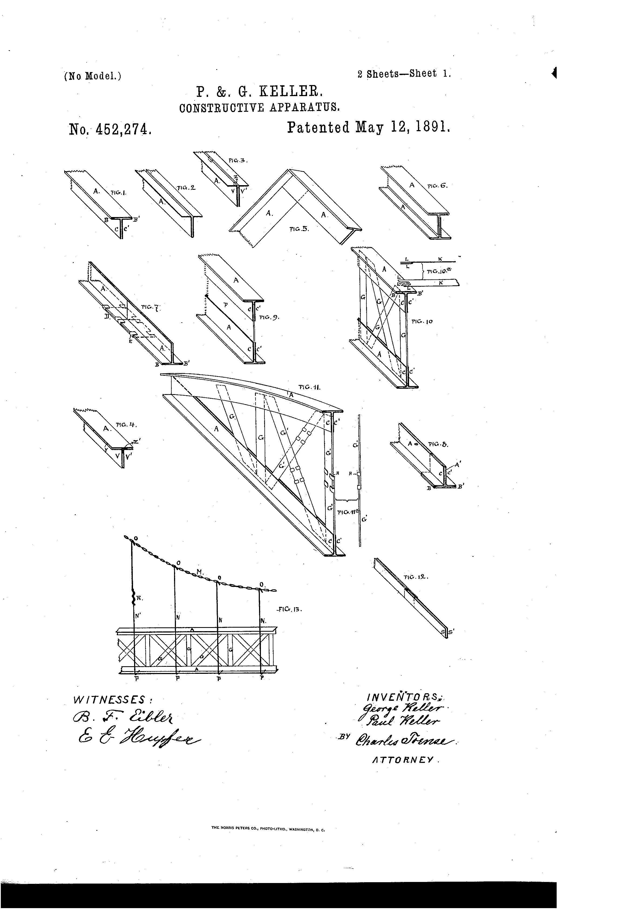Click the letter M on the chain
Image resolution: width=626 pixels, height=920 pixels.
(200, 572)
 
